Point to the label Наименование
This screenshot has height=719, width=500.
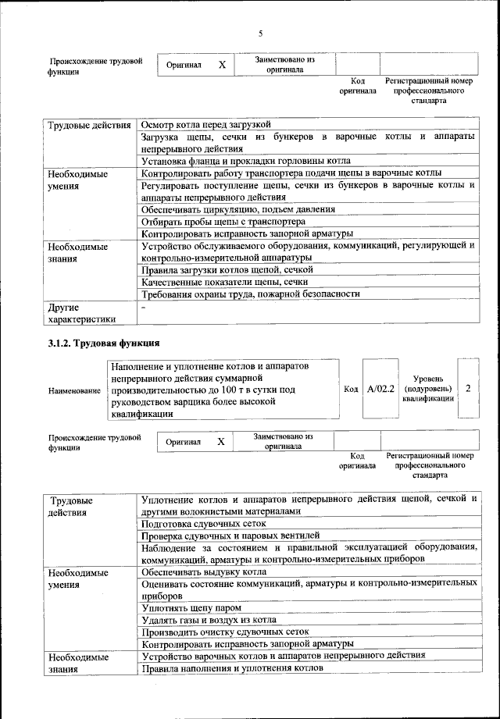point(74,390)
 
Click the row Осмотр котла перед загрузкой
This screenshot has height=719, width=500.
point(205,124)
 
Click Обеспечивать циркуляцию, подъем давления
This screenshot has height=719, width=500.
point(238,209)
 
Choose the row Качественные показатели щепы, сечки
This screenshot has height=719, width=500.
point(224,282)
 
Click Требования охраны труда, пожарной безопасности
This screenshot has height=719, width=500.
point(251,294)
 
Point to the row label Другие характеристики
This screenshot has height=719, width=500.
point(82,312)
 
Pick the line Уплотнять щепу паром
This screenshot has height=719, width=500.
point(191,607)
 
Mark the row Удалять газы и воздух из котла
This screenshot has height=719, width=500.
point(209,619)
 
